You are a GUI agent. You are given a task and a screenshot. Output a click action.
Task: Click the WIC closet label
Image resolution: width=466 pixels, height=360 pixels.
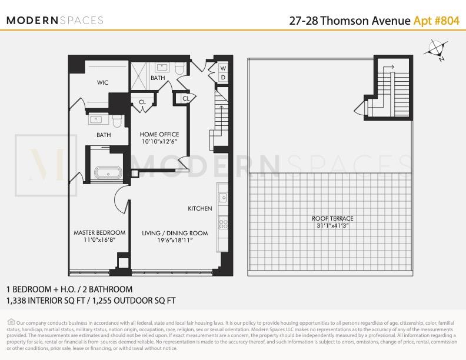103,83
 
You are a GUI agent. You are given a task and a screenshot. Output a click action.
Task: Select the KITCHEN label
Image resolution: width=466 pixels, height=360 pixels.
199,209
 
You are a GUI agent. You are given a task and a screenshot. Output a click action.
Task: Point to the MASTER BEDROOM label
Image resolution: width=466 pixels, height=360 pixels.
99,233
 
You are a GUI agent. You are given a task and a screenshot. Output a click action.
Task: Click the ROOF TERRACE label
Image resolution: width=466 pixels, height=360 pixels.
332,219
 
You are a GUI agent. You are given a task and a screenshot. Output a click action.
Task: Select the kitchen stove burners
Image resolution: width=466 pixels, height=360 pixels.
224,223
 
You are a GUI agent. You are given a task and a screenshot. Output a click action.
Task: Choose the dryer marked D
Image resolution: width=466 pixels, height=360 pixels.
223,78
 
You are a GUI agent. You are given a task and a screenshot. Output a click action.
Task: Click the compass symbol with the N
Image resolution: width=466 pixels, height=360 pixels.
436,50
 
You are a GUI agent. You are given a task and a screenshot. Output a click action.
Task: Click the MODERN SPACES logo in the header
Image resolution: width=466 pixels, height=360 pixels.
55,21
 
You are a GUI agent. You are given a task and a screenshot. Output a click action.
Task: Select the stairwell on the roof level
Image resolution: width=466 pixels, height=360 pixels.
387,88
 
